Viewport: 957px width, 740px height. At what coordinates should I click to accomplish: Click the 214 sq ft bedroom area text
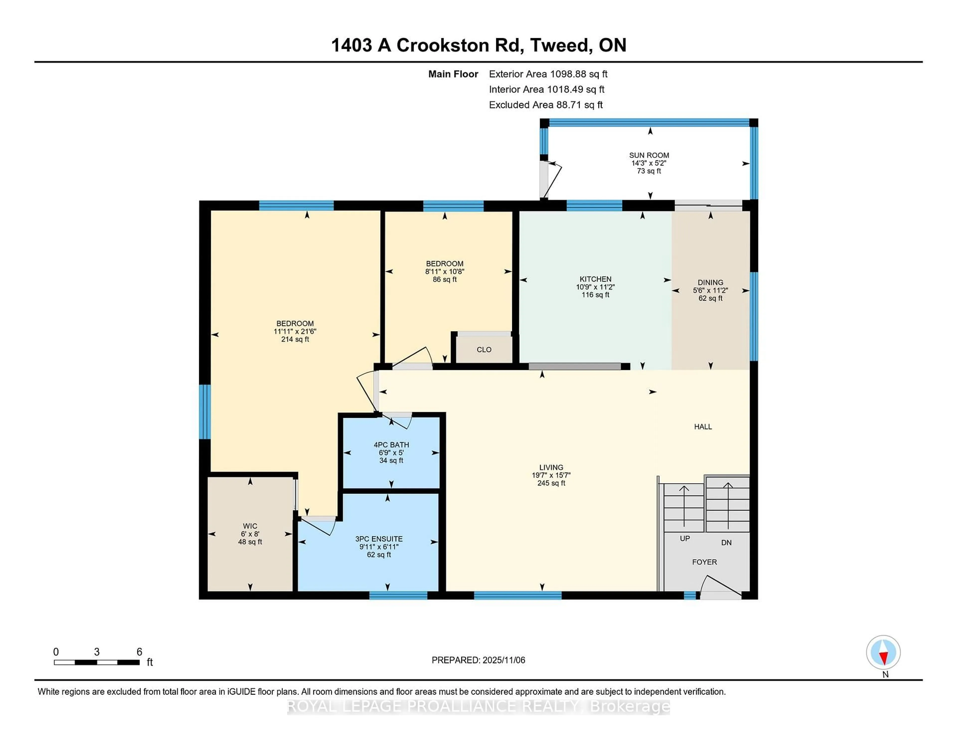(x=295, y=339)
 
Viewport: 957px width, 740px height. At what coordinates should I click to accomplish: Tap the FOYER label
(x=704, y=562)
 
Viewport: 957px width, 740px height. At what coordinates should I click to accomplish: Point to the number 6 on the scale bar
(x=139, y=652)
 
